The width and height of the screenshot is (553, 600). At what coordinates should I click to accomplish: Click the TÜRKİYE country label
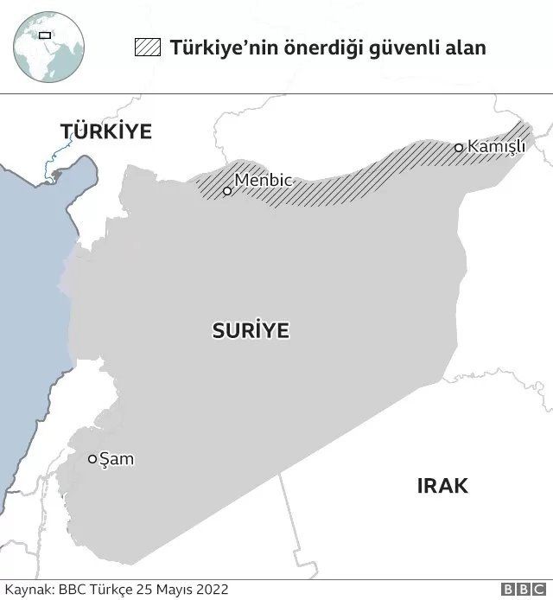pos(105,131)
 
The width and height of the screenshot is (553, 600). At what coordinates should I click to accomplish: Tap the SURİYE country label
pos(251,330)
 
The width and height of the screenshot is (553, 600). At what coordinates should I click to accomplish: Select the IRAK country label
pos(442,486)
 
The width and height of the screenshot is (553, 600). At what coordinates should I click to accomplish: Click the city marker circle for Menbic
pos(227,191)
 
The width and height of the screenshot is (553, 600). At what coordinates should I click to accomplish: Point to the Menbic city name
pos(264,182)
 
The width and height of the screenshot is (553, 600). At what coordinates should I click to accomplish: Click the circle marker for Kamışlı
pos(459,148)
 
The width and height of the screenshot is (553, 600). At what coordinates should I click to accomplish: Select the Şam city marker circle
pos(92,459)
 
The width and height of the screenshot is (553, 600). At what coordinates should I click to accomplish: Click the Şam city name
pos(118,459)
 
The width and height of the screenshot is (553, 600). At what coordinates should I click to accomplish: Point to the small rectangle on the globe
pos(43,35)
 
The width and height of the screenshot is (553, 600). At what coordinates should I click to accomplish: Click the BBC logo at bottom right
pos(520,589)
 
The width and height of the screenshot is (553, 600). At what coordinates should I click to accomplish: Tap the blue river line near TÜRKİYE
pos(54,160)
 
